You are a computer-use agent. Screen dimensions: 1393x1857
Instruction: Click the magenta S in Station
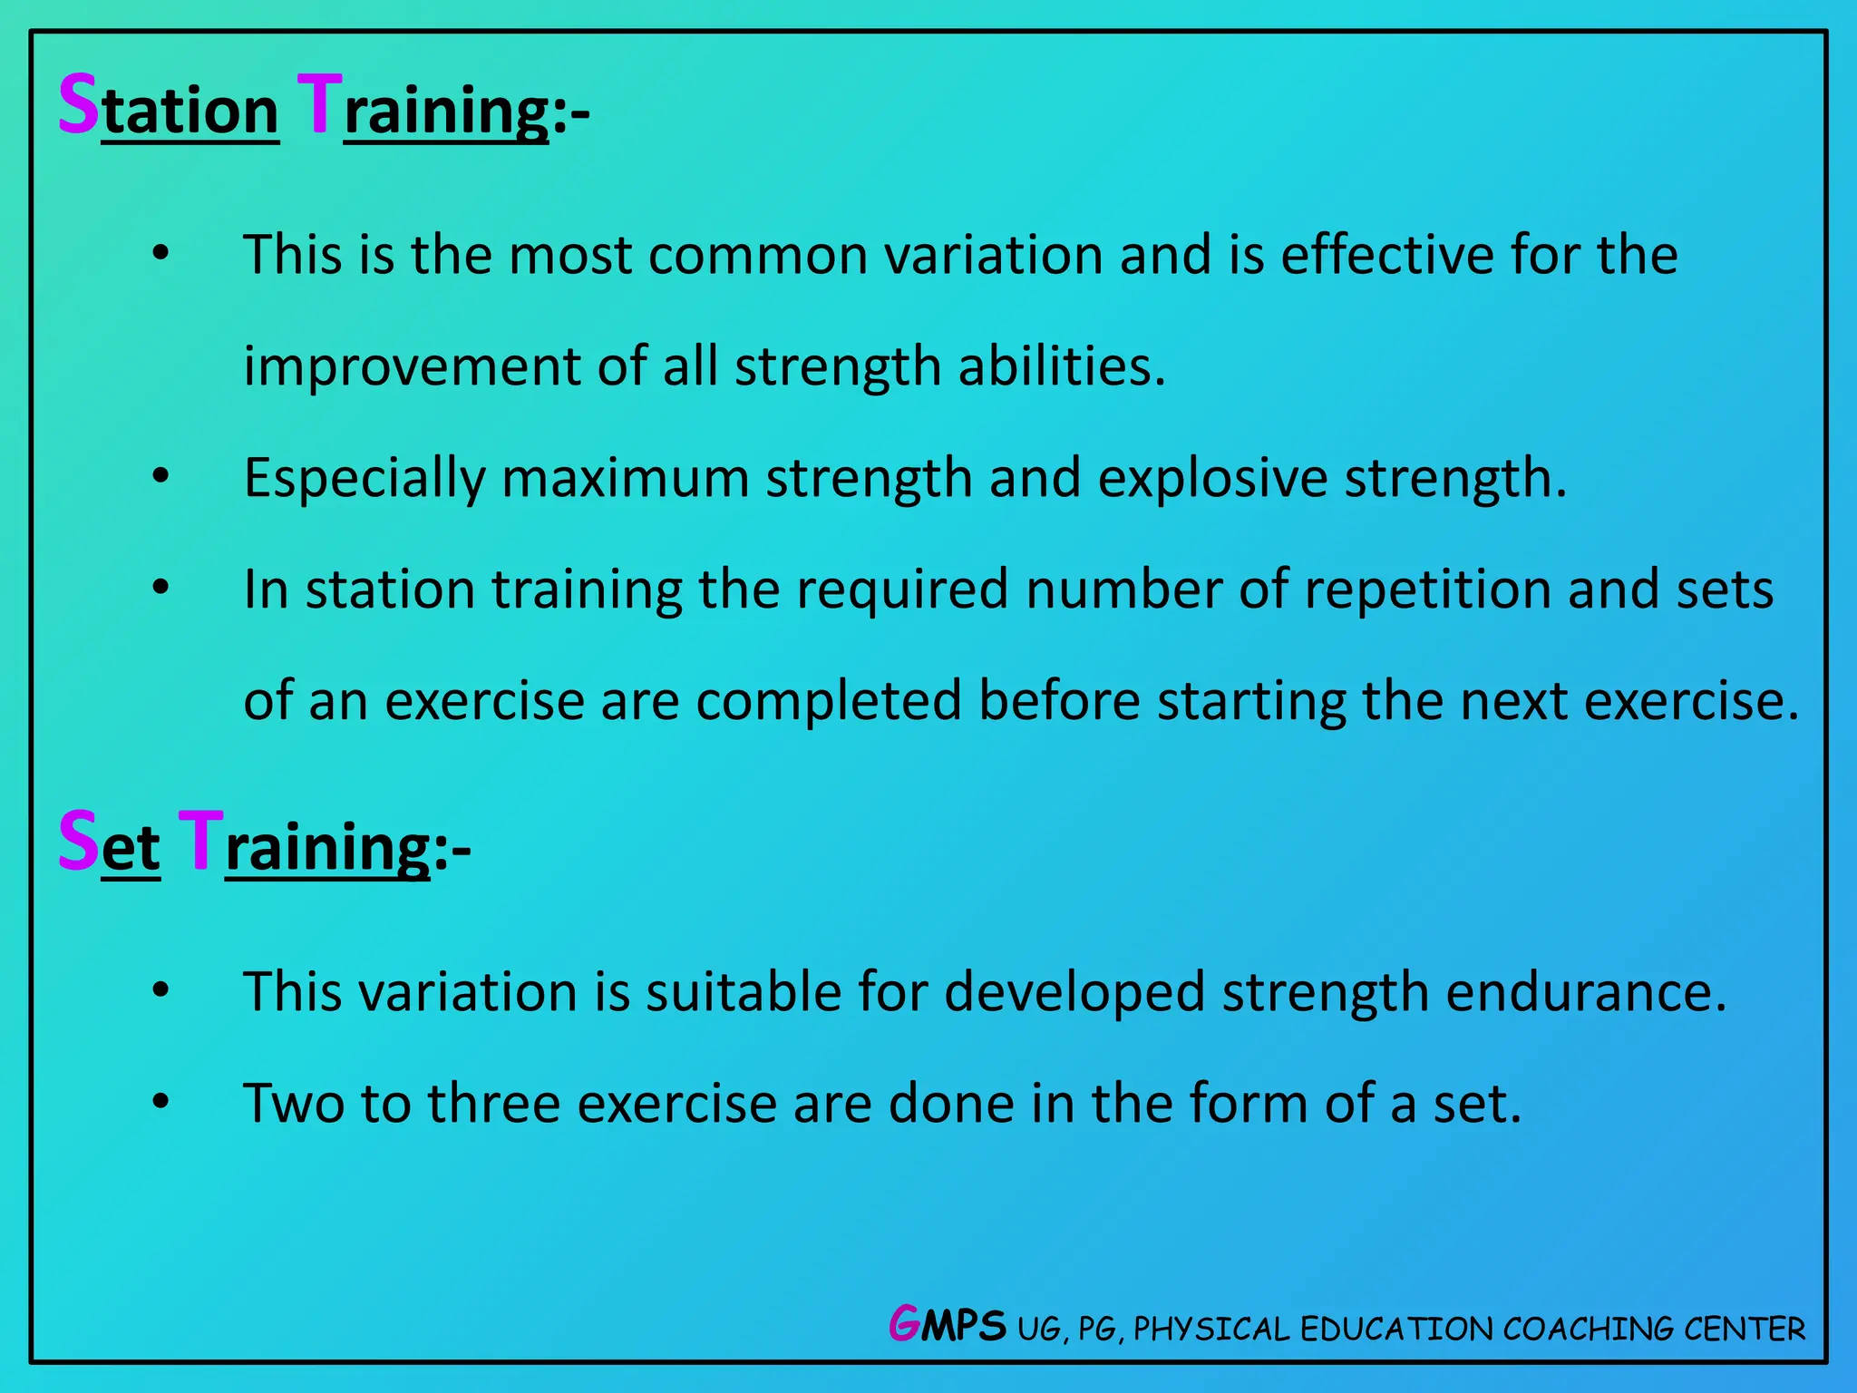[x=78, y=105]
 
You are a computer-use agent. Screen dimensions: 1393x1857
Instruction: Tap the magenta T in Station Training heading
[x=319, y=105]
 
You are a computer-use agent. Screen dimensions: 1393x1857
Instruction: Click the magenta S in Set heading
[x=78, y=842]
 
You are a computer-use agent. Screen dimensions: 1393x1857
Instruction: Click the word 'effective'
[x=1386, y=255]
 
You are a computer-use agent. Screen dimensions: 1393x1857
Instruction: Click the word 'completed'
[x=828, y=701]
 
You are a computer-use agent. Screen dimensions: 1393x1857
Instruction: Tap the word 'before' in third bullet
[x=1059, y=701]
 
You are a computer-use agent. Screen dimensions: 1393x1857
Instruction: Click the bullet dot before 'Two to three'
[x=160, y=1102]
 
